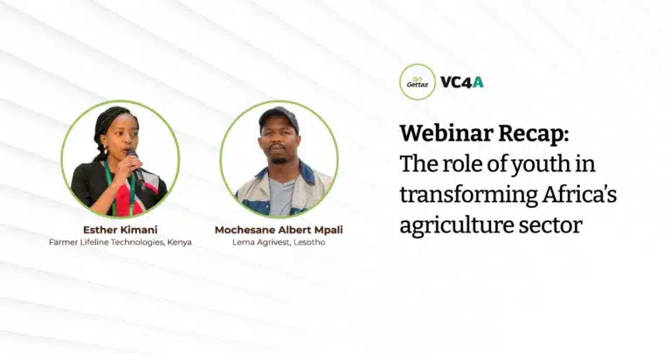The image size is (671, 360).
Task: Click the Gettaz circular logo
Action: click(418, 82)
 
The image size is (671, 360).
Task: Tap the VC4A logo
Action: click(462, 82)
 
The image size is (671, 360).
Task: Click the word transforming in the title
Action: click(468, 195)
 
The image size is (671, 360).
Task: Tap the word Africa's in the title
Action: click(580, 194)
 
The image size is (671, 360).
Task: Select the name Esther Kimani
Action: click(121, 230)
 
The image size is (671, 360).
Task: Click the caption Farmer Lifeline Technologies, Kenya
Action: click(121, 242)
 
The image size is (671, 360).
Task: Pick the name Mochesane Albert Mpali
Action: click(279, 230)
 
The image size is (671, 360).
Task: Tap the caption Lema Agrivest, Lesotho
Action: click(279, 242)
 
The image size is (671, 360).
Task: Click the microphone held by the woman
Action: click(135, 166)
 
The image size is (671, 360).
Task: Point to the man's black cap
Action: click(279, 117)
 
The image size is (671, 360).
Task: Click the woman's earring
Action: click(105, 150)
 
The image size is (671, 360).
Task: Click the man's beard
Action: click(279, 159)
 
